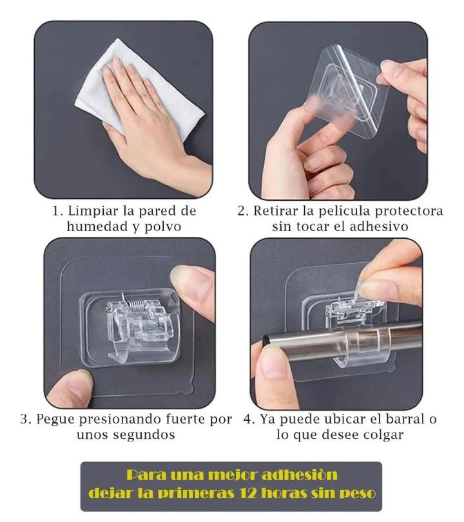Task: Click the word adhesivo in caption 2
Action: (x=379, y=227)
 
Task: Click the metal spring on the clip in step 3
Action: (x=136, y=304)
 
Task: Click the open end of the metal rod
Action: (x=265, y=344)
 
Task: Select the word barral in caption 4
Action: (x=404, y=420)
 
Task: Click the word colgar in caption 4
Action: (x=383, y=434)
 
